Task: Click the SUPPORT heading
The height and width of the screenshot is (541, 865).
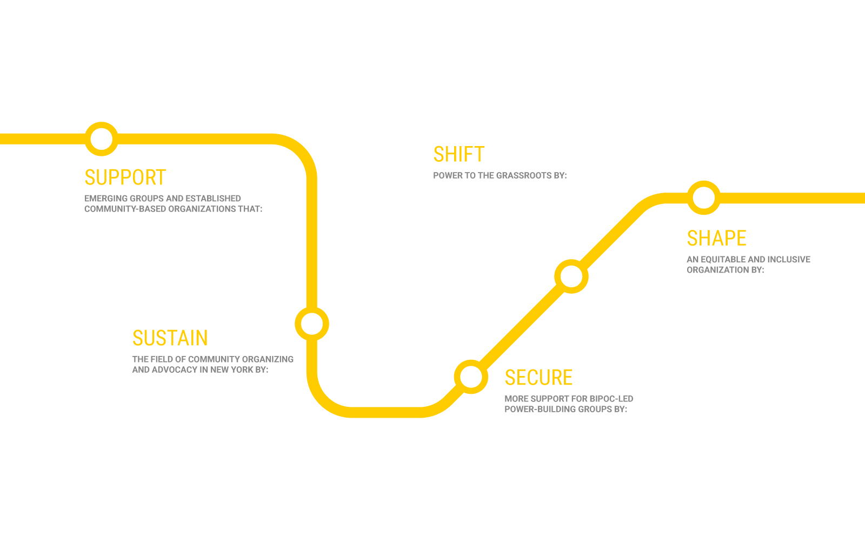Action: point(125,177)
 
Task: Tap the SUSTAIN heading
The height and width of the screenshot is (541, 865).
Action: point(170,338)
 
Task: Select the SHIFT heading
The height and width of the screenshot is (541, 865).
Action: point(458,155)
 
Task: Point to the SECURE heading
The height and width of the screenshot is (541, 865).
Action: point(538,378)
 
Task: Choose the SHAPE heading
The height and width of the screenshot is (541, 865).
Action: point(716,239)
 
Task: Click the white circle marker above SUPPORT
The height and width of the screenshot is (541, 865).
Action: point(101,139)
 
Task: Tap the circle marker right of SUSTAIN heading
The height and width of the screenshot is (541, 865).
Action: point(312,324)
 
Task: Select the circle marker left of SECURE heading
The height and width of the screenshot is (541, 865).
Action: point(471,377)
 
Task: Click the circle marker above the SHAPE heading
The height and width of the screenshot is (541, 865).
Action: point(703,197)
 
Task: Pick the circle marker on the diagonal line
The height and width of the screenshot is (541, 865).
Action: point(571,276)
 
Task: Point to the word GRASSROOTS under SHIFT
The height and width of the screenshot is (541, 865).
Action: point(523,175)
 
